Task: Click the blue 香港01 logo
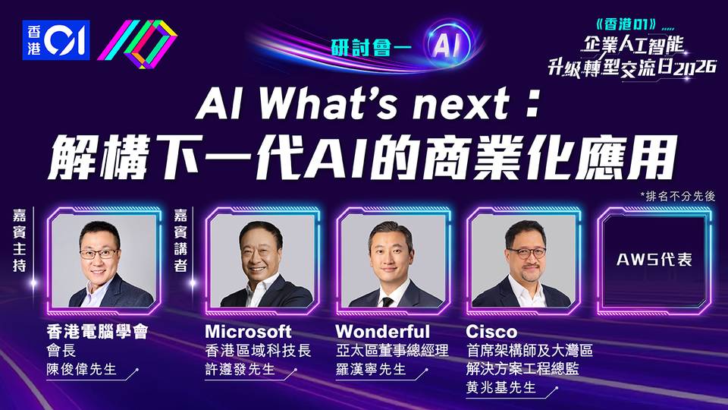click(x=55, y=40)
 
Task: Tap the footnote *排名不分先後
click(x=677, y=196)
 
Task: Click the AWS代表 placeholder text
click(x=654, y=260)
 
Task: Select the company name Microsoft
click(x=248, y=332)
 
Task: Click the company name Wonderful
click(x=382, y=332)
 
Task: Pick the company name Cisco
click(x=491, y=332)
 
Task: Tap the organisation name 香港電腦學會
click(x=97, y=332)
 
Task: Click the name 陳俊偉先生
click(x=81, y=369)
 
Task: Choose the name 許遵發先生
click(x=240, y=369)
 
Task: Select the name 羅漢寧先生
click(x=371, y=369)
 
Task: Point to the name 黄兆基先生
click(x=501, y=387)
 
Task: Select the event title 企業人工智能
click(x=633, y=45)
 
